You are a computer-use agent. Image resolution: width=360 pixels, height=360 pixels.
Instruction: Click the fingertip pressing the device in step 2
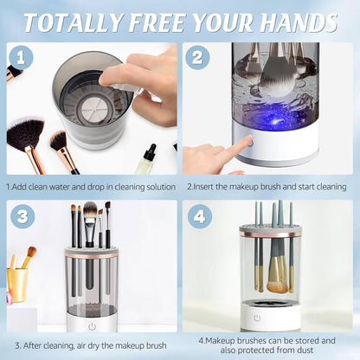click(247, 142)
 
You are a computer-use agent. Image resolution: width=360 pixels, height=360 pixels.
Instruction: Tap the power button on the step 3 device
click(90, 325)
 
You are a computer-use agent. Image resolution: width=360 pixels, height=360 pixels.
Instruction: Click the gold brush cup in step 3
click(17, 283)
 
